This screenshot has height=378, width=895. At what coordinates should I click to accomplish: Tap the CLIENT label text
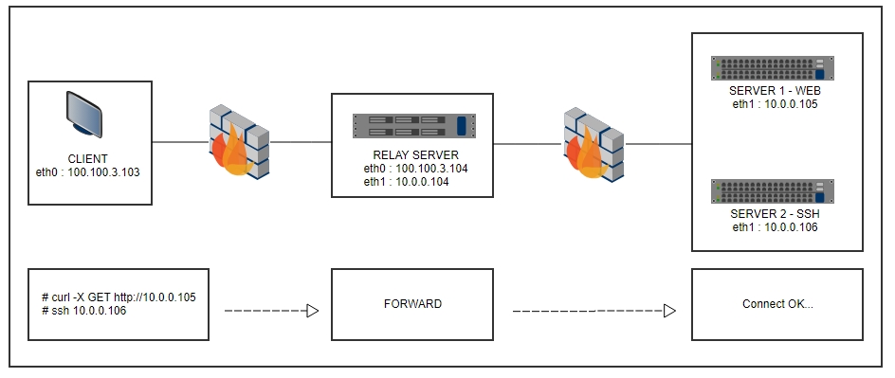click(88, 158)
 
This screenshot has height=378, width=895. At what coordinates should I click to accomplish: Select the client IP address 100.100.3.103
click(88, 171)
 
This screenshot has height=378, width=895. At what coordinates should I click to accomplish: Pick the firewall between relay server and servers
click(594, 142)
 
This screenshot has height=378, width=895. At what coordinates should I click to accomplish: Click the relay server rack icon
click(411, 126)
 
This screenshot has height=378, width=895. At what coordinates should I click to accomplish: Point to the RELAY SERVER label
click(411, 155)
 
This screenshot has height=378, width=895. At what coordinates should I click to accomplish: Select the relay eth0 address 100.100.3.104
click(415, 168)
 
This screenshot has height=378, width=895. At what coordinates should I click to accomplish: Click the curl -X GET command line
click(112, 297)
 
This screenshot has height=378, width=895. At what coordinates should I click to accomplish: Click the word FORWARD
click(411, 305)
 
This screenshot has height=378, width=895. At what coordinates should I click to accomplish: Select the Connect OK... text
click(776, 305)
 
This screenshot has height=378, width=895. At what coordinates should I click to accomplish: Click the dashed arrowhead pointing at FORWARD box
click(312, 311)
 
